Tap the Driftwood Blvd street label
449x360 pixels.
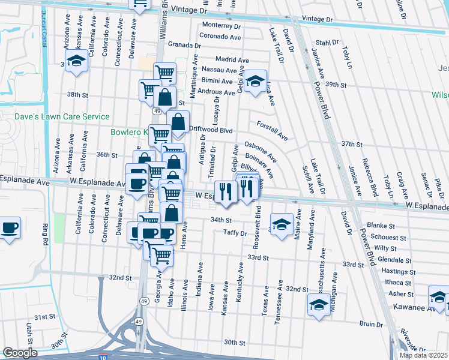point(211,130)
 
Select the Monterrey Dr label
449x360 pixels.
point(221,26)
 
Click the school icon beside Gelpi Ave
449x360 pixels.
point(256,81)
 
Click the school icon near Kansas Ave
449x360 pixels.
point(76,61)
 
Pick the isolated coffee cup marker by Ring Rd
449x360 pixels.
point(10,228)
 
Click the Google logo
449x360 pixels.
point(20,353)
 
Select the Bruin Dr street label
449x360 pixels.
point(372,324)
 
